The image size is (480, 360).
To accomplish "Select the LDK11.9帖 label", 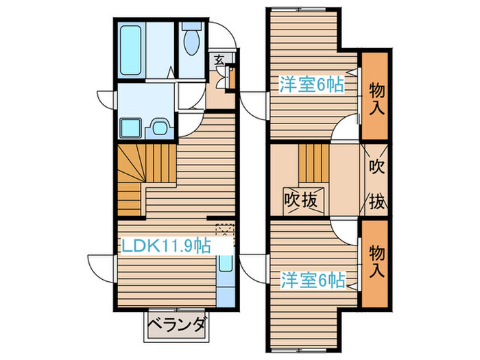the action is click(166, 245).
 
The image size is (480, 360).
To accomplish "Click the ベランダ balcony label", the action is click(177, 325).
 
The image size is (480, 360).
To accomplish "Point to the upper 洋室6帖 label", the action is click(311, 84).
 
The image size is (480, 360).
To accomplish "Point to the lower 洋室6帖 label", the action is click(313, 280).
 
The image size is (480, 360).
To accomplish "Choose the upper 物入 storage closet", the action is click(375, 96).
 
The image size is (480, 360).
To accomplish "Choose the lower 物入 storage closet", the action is click(375, 263).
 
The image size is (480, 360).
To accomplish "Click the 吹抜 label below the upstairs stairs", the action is click(301, 201).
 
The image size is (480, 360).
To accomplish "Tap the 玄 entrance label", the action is click(218, 59).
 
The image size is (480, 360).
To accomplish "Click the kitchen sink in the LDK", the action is click(226, 263).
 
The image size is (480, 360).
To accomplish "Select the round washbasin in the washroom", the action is click(160, 128).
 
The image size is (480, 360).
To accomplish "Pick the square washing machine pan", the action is click(131, 128).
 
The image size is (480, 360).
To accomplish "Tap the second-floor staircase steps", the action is click(314, 163).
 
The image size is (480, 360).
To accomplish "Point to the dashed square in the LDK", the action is click(225, 230).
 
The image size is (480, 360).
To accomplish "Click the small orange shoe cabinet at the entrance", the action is click(232, 79).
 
